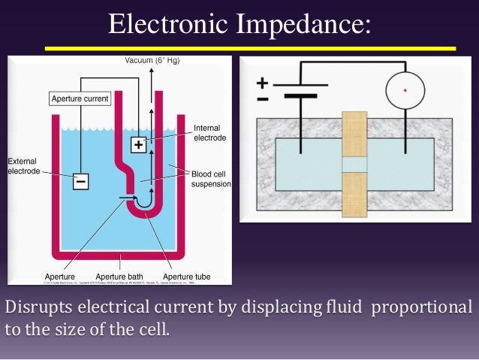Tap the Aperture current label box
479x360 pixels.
(x=80, y=98)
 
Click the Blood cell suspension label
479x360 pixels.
(x=211, y=178)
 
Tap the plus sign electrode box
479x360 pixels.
(x=139, y=145)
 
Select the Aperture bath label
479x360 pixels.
(x=119, y=277)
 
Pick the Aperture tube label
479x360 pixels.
(x=186, y=277)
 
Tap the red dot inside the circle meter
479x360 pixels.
(x=405, y=92)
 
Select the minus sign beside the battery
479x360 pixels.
(x=262, y=98)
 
